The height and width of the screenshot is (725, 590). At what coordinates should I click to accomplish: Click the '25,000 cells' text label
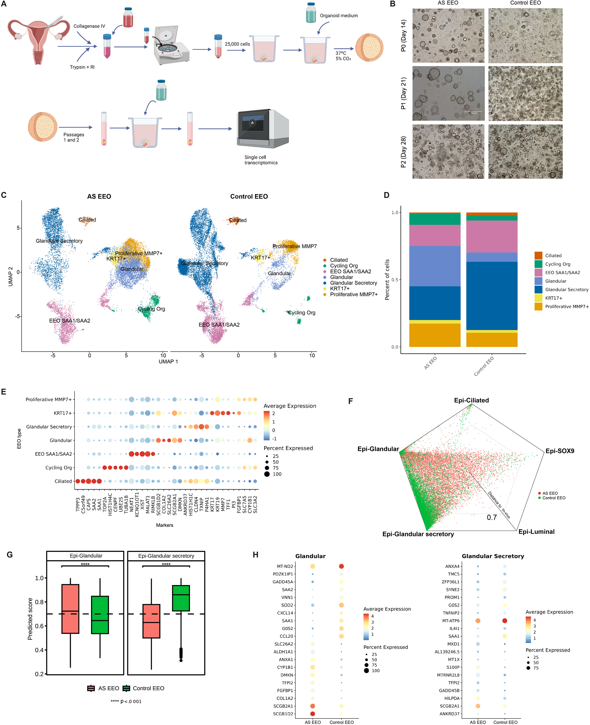coord(237,44)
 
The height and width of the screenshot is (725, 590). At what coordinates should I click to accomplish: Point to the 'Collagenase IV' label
coord(89,26)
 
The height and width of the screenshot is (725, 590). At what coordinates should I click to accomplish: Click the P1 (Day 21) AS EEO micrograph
coord(448,93)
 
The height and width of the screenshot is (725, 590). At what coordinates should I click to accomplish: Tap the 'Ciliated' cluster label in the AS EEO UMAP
coord(87,220)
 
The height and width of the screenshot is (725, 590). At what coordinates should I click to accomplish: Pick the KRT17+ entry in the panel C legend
coord(340,289)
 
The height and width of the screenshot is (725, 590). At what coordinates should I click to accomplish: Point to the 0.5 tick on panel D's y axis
coord(395,280)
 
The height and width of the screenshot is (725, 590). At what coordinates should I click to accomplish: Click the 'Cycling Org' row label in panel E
coord(58,468)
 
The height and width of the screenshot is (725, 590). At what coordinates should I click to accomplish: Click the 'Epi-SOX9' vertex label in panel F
coord(559,451)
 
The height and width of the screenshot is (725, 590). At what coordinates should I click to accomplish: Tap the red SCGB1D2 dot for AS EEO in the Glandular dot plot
coord(312,713)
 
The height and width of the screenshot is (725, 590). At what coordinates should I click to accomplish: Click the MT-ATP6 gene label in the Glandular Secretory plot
coord(451,620)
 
